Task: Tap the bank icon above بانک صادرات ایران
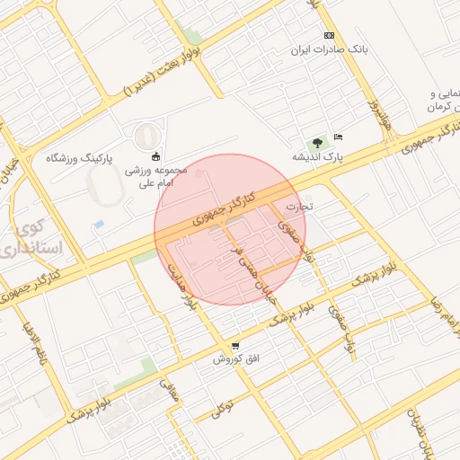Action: [329, 35]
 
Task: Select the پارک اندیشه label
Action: [317, 157]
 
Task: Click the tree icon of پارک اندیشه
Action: [316, 142]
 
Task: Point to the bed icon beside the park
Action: [338, 137]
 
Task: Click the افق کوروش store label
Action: [235, 358]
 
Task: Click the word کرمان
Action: [438, 107]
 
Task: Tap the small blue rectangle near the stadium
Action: [99, 223]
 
